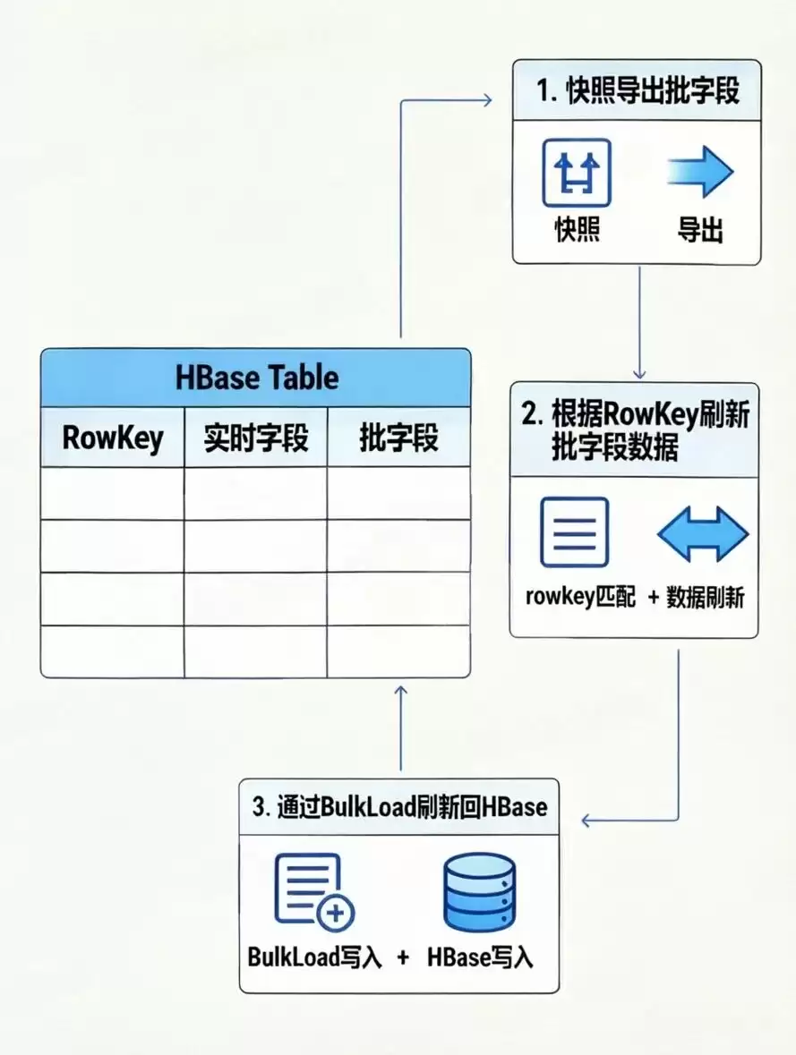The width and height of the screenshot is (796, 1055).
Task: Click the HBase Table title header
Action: point(256,377)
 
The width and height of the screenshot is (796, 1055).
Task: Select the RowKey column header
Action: point(113,438)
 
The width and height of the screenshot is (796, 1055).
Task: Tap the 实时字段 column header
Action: point(256,438)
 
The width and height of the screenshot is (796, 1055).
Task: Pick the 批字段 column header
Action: point(398,438)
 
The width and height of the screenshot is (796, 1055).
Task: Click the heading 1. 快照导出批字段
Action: point(638,92)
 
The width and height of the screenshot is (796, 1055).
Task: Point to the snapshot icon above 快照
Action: point(577,173)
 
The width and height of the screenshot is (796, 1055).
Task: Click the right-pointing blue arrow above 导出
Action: point(700,173)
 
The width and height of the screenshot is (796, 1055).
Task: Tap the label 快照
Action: point(577,230)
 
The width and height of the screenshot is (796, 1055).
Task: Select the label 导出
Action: point(700,230)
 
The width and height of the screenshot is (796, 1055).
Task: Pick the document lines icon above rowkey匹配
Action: point(574,532)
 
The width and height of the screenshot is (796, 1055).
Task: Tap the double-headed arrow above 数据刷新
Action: point(702,534)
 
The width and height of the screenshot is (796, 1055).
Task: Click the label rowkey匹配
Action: point(580,597)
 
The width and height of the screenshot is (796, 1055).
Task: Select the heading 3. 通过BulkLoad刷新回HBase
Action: point(399,806)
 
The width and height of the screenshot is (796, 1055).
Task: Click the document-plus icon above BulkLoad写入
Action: point(313,890)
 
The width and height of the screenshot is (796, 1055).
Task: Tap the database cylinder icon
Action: point(480,892)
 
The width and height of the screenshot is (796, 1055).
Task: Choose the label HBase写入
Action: point(480,957)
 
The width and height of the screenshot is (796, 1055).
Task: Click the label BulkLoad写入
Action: point(314,957)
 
